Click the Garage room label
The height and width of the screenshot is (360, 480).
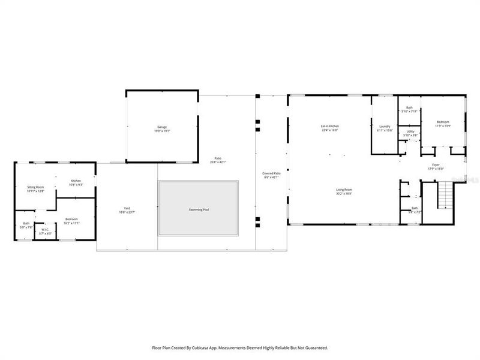point(162,127)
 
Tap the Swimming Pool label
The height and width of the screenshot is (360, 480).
point(198,209)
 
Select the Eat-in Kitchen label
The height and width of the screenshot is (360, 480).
point(330,126)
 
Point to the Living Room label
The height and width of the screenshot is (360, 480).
point(344,190)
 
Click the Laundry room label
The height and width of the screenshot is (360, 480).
point(385,127)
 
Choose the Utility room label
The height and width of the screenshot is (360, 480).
point(410,131)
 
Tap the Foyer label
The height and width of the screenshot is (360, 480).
point(436,165)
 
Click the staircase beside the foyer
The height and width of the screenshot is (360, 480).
point(445,196)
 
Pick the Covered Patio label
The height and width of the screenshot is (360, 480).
point(271,173)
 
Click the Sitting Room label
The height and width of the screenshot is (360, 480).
point(35,187)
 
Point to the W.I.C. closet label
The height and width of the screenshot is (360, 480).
point(45,229)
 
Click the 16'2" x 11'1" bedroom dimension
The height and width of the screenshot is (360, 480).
point(72,223)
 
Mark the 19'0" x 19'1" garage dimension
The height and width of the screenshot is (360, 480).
point(162,130)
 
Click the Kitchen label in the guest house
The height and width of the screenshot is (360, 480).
point(76,181)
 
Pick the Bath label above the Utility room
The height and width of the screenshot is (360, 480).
point(409,108)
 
